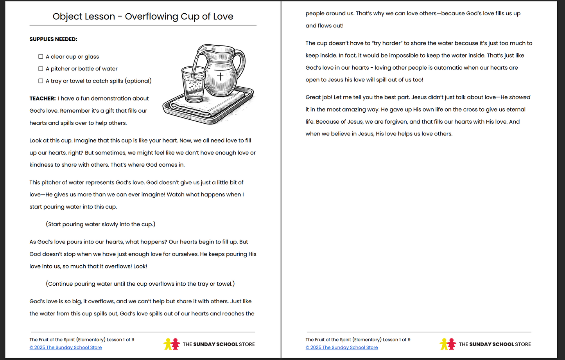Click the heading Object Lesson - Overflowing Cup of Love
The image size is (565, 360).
coord(143,16)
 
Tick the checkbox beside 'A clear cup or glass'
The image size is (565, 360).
coord(41,57)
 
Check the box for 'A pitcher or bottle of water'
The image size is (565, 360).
coord(41,69)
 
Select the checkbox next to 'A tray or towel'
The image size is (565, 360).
coord(41,81)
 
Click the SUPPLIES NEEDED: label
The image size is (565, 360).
coord(53,39)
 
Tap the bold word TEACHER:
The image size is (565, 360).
coord(43,99)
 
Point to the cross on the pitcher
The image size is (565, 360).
coord(220,76)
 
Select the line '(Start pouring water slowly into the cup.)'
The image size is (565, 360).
coord(100,224)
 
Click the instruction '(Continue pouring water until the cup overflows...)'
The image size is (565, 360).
coord(140,284)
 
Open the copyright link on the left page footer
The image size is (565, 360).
coord(66,347)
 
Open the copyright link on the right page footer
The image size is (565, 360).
coord(342,347)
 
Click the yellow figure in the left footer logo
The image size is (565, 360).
coord(168,344)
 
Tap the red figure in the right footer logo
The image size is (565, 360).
coord(452,344)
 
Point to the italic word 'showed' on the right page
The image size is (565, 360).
coord(520,97)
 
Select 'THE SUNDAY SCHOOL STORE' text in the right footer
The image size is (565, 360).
coord(495,344)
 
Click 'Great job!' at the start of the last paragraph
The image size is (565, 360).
coord(319,97)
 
